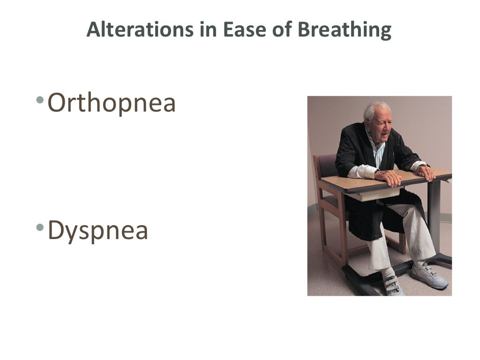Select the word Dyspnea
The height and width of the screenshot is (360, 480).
[x=98, y=231]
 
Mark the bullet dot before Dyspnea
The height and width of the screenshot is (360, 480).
[x=41, y=227]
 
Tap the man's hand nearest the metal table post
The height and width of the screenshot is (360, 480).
[x=426, y=172]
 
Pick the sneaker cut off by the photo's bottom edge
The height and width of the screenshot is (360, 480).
[x=393, y=285]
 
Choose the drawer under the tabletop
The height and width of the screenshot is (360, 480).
[x=375, y=194]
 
